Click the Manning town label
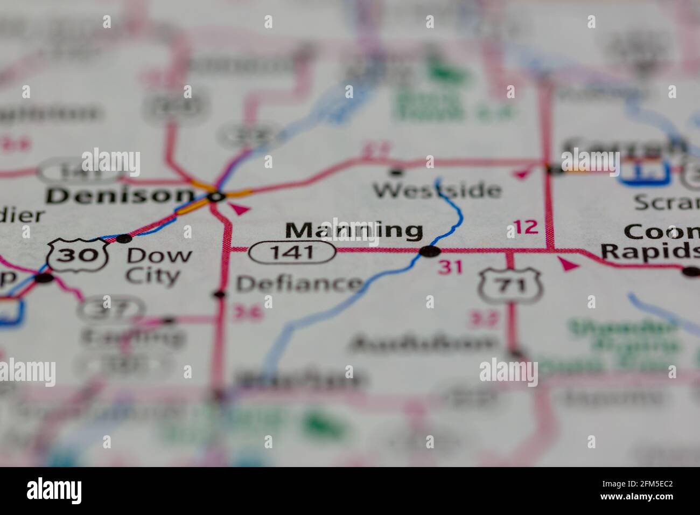pyautogui.click(x=354, y=230)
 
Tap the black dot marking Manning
pyautogui.click(x=430, y=251)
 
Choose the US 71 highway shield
pyautogui.click(x=510, y=286)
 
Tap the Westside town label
pyautogui.click(x=438, y=190)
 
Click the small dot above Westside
pyautogui.click(x=397, y=172)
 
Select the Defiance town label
pyautogui.click(x=299, y=283)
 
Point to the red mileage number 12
pyautogui.click(x=525, y=227)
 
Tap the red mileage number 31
pyautogui.click(x=451, y=267)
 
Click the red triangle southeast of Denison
pyautogui.click(x=241, y=209)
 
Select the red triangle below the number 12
pyautogui.click(x=568, y=264)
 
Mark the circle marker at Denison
pyautogui.click(x=216, y=197)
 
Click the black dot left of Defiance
pyautogui.click(x=219, y=294)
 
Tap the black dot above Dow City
pyautogui.click(x=124, y=238)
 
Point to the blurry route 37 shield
pyautogui.click(x=110, y=310)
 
